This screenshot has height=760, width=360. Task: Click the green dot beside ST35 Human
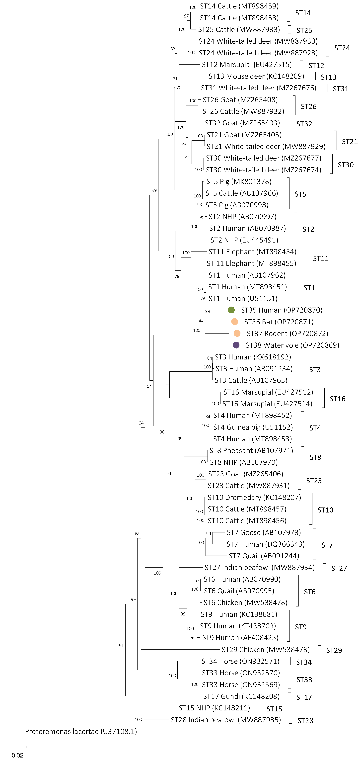(231, 310)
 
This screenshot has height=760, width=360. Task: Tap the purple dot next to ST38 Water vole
(236, 345)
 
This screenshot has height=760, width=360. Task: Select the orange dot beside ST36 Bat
(235, 322)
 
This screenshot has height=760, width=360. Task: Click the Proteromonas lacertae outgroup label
(81, 731)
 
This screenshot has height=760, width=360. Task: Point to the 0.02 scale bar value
(17, 755)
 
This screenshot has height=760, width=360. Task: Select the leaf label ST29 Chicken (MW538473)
(265, 649)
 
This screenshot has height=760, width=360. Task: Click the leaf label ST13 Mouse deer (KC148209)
(256, 76)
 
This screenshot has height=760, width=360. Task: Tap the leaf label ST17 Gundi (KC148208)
(241, 696)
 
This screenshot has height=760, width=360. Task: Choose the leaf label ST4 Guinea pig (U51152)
(253, 427)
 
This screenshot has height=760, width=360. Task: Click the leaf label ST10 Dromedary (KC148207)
(254, 497)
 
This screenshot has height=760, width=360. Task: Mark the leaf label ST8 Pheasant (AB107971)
(251, 450)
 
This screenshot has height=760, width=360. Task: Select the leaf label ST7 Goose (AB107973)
(264, 532)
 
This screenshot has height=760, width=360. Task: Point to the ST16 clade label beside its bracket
(337, 399)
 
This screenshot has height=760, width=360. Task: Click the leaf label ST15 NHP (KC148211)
(214, 708)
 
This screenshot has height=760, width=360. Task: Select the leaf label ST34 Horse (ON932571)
(240, 661)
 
